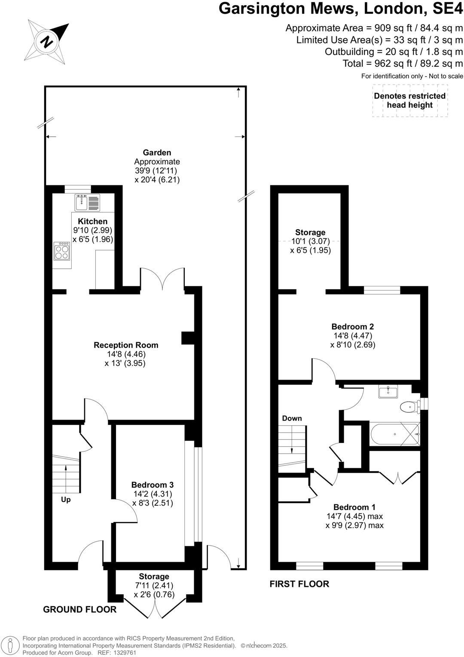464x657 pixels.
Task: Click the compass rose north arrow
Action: (x=49, y=41)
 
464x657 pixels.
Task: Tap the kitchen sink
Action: (x=87, y=203)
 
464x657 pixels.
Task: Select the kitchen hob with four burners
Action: (x=62, y=251)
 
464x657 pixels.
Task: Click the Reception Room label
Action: (x=126, y=345)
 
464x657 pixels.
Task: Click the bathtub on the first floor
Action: (x=394, y=434)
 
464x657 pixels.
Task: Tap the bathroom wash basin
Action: (x=388, y=392)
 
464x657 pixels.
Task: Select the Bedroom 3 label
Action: (x=153, y=485)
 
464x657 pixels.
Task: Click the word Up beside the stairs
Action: (x=66, y=500)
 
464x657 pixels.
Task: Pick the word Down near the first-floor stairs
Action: (x=292, y=418)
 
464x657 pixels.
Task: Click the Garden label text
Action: (x=157, y=153)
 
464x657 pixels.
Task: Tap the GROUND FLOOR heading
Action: (x=80, y=609)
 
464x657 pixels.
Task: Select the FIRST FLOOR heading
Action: (x=299, y=584)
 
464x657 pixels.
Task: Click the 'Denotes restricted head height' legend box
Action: (x=409, y=101)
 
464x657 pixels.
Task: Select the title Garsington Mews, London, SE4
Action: (x=341, y=9)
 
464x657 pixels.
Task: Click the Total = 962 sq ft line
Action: (x=403, y=64)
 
